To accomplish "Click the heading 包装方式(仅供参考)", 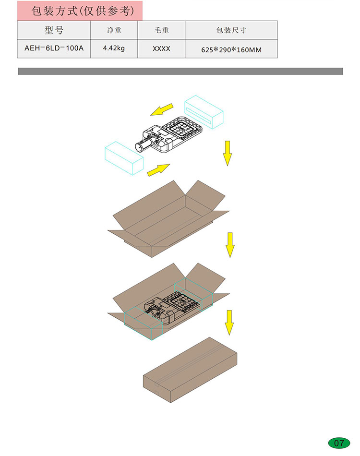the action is [x=83, y=11].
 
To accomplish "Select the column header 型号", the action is [x=54, y=30].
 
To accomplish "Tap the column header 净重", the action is [x=114, y=30].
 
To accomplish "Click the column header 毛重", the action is [x=161, y=30].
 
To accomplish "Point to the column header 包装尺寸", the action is [x=231, y=30].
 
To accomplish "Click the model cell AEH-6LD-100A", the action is [x=54, y=48].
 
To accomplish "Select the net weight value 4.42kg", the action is [x=114, y=48].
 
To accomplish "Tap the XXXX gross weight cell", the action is [x=161, y=48].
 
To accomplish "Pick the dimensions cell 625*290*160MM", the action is [x=231, y=50].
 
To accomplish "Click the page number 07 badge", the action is [x=339, y=443].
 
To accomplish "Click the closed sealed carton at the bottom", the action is [x=190, y=370].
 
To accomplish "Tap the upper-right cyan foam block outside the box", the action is [x=204, y=112].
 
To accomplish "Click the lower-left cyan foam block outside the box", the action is [x=124, y=158].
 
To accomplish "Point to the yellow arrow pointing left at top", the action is [x=162, y=109].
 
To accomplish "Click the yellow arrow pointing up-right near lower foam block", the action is [x=158, y=170].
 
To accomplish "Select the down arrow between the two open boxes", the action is [x=230, y=245].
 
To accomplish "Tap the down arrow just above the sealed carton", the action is [x=229, y=323].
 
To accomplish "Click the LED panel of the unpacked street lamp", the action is [x=181, y=128].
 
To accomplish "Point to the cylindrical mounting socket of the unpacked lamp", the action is [x=143, y=144].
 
